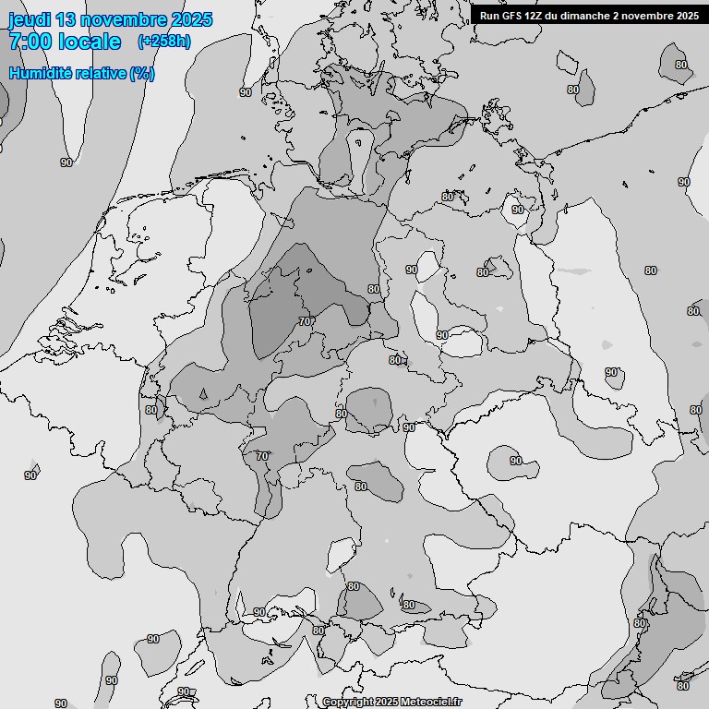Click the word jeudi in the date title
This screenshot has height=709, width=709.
31,19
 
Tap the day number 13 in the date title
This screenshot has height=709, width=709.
71,19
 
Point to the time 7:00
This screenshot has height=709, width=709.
30,42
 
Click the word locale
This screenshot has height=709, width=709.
90,42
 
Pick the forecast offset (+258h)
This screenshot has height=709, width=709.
164,42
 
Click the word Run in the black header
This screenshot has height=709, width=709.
489,15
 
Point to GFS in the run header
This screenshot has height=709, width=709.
513,15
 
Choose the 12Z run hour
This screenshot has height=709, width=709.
537,15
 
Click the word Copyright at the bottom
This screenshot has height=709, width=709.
347,703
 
